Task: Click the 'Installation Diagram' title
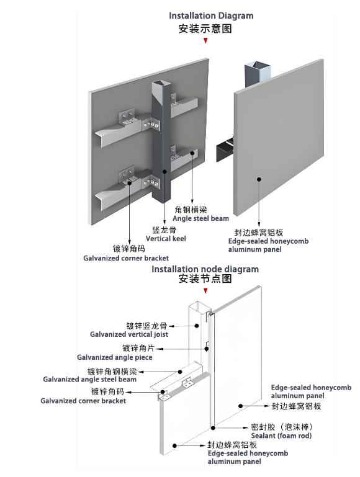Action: pos(211,16)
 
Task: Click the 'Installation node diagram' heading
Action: pos(205,269)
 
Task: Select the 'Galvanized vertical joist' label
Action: pos(129,334)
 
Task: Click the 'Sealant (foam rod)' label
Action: pos(282,436)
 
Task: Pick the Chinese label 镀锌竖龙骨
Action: pos(146,325)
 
